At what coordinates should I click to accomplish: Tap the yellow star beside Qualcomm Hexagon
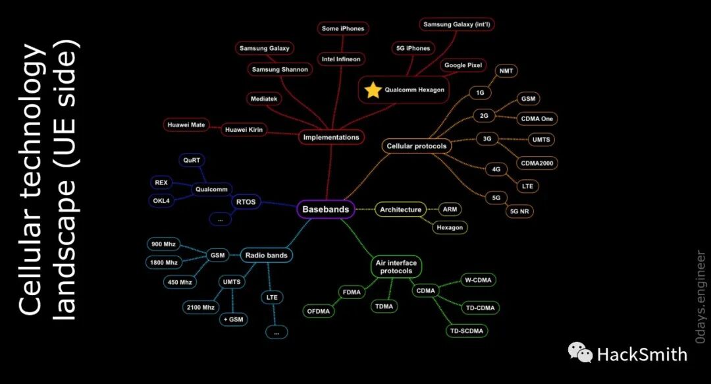coord(373,90)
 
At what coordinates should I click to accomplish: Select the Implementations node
coord(332,138)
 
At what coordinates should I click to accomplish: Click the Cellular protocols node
coord(417,146)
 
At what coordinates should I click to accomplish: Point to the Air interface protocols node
coord(396,267)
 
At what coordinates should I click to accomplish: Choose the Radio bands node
coord(267,255)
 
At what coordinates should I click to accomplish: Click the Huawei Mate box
coord(186,125)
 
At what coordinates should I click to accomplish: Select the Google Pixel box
coord(463,66)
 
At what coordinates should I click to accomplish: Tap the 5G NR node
coord(520,211)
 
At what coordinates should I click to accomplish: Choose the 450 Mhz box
coord(179,282)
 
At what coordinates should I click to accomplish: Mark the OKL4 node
coord(163,200)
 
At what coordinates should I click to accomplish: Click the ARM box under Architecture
coord(450,209)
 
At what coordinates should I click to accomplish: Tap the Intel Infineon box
coord(341,59)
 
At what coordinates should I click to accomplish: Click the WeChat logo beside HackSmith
coord(580,353)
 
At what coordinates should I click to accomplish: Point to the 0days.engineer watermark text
coord(700,297)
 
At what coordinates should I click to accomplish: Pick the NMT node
coord(506,71)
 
